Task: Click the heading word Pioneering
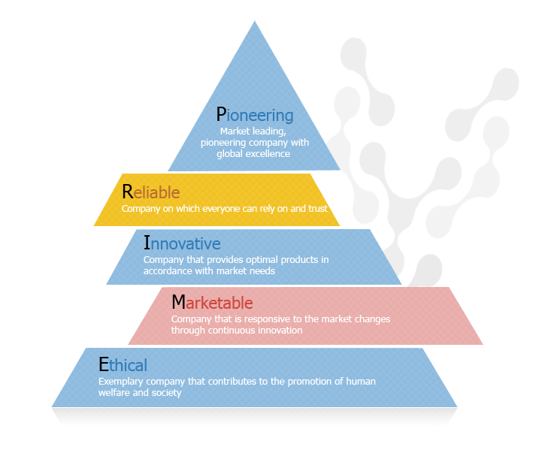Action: point(254,115)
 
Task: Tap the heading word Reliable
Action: point(150,192)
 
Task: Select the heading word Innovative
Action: point(182,244)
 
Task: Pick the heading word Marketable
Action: point(212,303)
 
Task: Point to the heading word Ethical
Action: point(123,366)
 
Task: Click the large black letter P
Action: point(221,114)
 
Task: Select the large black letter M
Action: point(178,302)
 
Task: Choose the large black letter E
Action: point(104,365)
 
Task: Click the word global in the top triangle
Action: point(229,153)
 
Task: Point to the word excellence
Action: point(267,153)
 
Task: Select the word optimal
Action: point(263,260)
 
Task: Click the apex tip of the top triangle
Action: point(255,22)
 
